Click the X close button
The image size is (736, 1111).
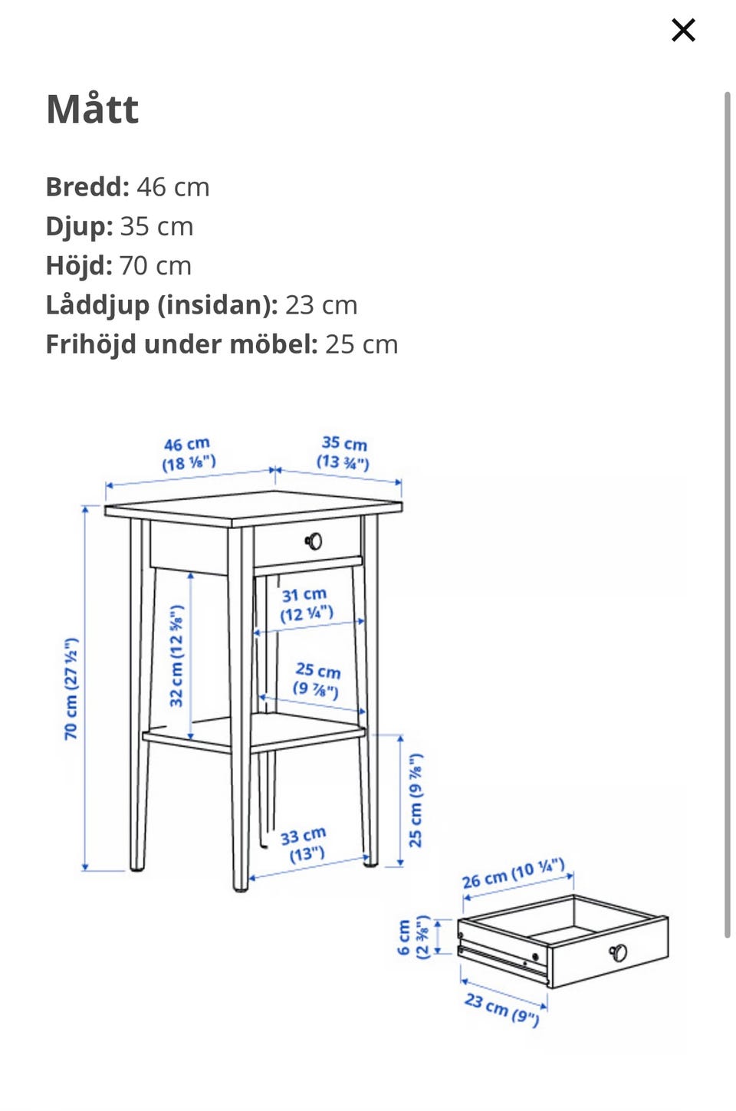[683, 30]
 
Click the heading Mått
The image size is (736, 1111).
[92, 109]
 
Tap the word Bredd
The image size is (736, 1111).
[87, 187]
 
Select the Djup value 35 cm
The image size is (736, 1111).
[156, 227]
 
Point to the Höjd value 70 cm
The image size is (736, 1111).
[155, 266]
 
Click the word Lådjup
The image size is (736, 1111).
[97, 305]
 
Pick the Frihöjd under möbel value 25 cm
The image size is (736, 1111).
[362, 345]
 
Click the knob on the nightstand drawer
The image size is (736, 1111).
[314, 541]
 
